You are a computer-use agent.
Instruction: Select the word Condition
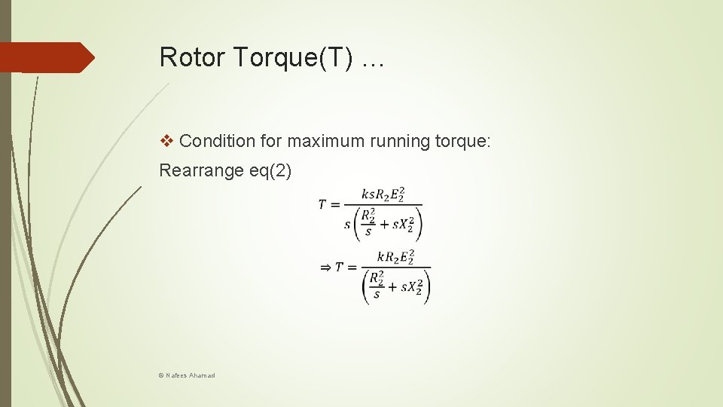tap(217, 140)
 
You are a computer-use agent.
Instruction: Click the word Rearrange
tap(201, 170)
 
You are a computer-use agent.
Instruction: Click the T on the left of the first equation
tap(323, 205)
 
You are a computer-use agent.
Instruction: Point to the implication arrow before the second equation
tap(325, 267)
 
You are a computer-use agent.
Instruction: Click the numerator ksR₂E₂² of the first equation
tap(383, 194)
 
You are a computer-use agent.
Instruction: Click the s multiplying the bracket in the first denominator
tap(347, 224)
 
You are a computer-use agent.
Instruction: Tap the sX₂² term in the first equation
tap(400, 224)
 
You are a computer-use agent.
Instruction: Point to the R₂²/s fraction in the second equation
tap(376, 286)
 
